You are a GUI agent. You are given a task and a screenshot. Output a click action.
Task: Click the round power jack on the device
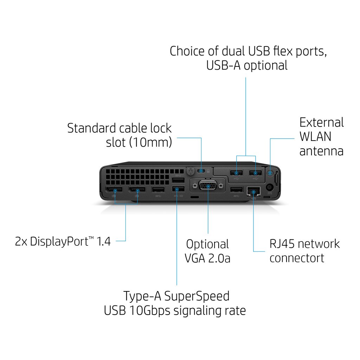(x=270, y=187)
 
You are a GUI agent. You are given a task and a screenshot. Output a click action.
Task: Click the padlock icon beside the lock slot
(x=208, y=171)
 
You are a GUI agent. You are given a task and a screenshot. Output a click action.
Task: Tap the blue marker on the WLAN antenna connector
(x=270, y=173)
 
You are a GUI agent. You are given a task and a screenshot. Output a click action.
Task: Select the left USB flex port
(x=237, y=173)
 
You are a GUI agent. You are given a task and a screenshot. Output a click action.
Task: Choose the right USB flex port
(x=255, y=173)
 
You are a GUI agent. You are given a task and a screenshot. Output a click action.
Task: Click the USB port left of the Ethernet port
(x=237, y=190)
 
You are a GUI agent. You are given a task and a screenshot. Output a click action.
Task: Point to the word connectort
(x=297, y=258)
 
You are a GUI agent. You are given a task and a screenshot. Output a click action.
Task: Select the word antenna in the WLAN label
(x=321, y=151)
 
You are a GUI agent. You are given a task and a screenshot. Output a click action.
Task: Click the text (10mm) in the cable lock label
(x=152, y=142)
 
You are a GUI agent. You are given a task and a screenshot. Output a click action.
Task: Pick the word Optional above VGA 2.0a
(x=207, y=244)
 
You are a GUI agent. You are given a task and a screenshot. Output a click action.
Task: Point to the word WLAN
(x=315, y=137)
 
